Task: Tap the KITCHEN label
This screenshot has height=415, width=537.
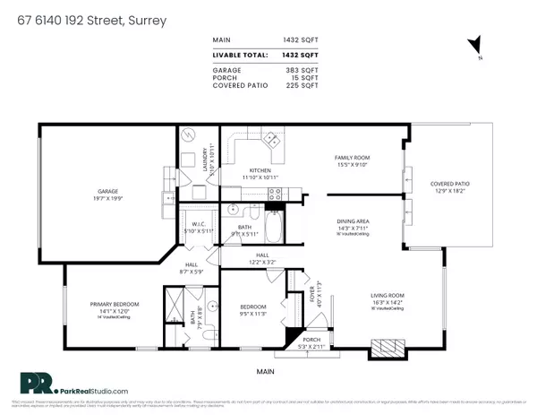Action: [x=260, y=170]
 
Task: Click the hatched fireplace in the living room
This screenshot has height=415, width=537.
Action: [x=387, y=346]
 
